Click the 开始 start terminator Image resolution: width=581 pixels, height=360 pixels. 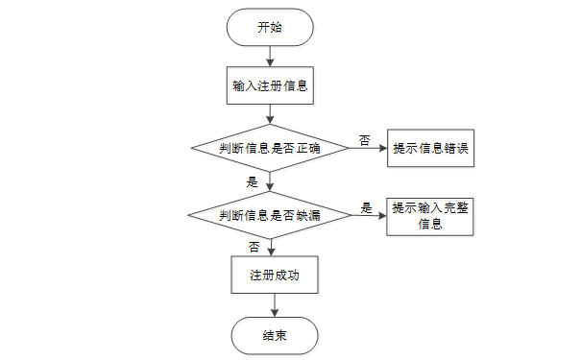(269, 27)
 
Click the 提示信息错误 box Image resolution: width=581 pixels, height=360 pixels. (431, 149)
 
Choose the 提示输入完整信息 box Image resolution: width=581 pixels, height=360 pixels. (431, 217)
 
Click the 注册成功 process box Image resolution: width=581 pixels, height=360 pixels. (275, 275)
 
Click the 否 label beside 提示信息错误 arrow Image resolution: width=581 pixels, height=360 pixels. (365, 139)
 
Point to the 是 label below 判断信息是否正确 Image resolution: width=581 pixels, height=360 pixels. (254, 181)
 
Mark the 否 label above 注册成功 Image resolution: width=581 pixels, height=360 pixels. (254, 247)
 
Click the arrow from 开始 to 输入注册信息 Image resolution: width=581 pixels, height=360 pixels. (269, 54)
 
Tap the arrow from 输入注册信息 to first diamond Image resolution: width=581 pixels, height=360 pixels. (269, 115)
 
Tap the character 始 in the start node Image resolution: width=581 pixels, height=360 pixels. (277, 27)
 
